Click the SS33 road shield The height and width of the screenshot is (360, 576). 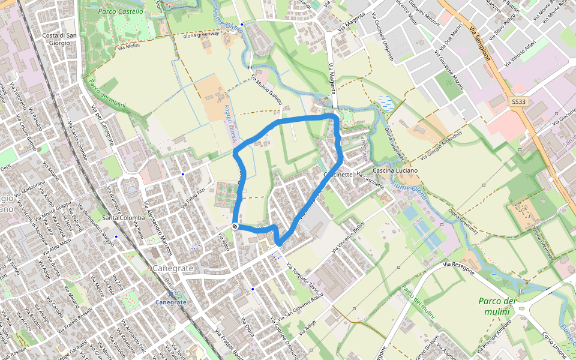(x=519, y=103)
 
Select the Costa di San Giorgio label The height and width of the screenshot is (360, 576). (x=59, y=40)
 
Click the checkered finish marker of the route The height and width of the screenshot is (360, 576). (x=235, y=226)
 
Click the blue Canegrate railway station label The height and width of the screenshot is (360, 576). (x=171, y=302)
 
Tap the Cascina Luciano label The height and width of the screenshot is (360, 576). (x=395, y=171)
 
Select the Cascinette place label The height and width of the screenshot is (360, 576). (x=338, y=175)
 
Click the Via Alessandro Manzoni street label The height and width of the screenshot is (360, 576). (x=158, y=227)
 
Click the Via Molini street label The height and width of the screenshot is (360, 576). (x=129, y=46)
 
